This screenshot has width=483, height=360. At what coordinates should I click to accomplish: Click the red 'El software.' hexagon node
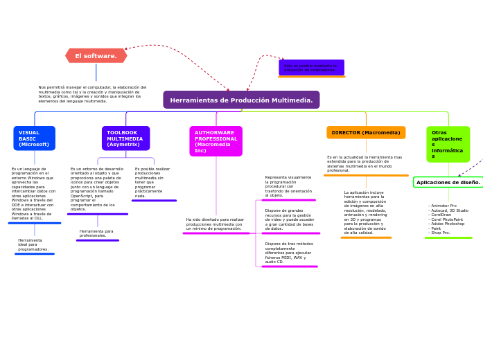click(x=96, y=56)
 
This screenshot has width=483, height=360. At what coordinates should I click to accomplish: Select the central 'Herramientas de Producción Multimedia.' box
click(x=241, y=100)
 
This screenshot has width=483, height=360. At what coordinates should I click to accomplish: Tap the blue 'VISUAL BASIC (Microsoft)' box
click(x=34, y=138)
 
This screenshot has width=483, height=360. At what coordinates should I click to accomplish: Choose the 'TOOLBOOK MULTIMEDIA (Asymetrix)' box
click(x=125, y=138)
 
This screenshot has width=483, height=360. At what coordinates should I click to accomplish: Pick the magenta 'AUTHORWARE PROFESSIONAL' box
click(x=216, y=141)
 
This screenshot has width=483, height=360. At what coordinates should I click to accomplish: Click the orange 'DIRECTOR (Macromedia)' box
click(x=366, y=133)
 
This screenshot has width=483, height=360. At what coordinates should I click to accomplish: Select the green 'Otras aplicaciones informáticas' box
click(x=448, y=144)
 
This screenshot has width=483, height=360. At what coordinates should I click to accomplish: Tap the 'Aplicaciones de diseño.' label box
click(x=448, y=183)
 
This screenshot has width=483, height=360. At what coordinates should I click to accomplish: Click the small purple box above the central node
click(x=311, y=68)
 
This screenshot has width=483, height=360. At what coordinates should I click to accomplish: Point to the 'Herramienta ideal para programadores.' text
click(x=33, y=245)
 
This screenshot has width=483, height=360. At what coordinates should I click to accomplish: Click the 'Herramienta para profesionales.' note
click(x=96, y=233)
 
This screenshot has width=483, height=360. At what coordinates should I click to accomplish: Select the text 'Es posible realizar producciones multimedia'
click(x=152, y=182)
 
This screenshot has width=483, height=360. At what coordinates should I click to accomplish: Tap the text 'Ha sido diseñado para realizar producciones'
click(x=215, y=224)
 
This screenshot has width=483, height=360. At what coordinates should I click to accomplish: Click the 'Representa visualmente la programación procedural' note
click(x=288, y=186)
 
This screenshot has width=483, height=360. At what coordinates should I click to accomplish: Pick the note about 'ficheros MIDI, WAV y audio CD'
click(x=288, y=253)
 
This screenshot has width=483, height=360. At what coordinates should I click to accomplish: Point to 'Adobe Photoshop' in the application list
click(x=447, y=224)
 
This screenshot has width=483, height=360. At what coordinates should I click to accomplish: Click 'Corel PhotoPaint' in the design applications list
click(x=447, y=219)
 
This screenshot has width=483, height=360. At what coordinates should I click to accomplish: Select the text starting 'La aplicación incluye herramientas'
click(x=365, y=213)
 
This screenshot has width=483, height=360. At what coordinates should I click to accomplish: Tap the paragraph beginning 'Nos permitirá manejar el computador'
click(x=92, y=94)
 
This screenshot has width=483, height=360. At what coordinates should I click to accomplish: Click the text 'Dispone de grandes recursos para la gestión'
click(x=289, y=219)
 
